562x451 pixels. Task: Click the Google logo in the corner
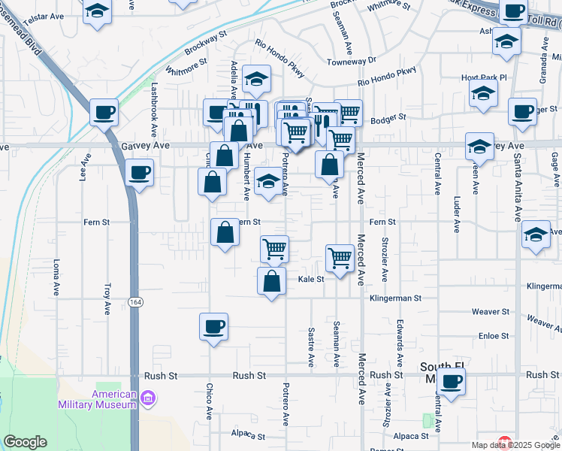pyautogui.click(x=25, y=442)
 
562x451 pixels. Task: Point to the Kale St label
pyautogui.click(x=310, y=279)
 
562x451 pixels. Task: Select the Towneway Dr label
pyautogui.click(x=351, y=60)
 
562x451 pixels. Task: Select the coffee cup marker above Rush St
pyautogui.click(x=213, y=326)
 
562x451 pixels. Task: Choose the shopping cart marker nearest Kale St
pyautogui.click(x=340, y=258)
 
